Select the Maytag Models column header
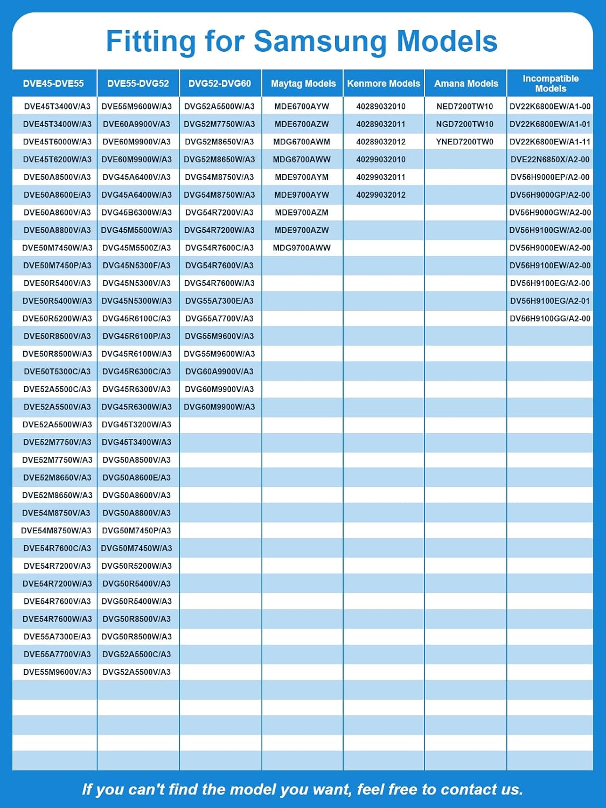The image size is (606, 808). click(x=303, y=83)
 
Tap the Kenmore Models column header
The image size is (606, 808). click(x=384, y=83)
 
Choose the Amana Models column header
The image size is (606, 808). click(x=466, y=83)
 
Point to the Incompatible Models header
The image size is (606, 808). click(x=550, y=83)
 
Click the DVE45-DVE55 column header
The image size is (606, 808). click(x=53, y=83)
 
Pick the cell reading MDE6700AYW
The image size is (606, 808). click(x=302, y=107)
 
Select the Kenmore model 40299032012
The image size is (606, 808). click(x=381, y=195)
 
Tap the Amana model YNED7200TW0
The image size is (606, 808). click(x=465, y=142)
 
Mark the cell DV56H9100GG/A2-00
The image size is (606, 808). click(x=550, y=319)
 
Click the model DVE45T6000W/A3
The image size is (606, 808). click(x=57, y=142)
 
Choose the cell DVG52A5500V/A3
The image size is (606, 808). click(x=136, y=672)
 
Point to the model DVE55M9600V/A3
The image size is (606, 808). click(x=57, y=672)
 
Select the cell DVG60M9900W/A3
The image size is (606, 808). click(x=219, y=407)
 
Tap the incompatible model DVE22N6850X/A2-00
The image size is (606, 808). click(x=550, y=159)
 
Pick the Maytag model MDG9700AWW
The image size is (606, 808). click(x=302, y=248)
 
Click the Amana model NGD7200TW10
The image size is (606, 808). click(x=465, y=124)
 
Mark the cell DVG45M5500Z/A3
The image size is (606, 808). click(x=136, y=248)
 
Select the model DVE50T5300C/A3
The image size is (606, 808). click(x=57, y=372)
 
